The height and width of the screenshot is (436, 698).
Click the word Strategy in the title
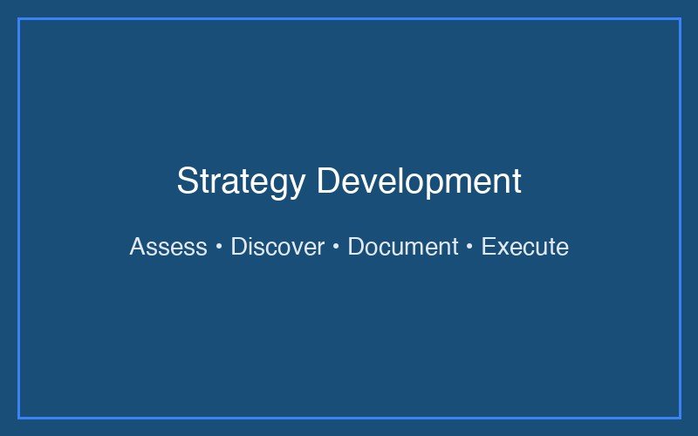pos(241,181)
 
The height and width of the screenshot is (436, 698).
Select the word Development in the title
pos(419,181)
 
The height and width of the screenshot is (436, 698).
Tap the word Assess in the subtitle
pos(168,247)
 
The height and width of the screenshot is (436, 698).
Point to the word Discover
pos(277,247)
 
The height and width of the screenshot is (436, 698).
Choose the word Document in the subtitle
pos(402,247)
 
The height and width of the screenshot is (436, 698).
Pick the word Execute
pos(524,247)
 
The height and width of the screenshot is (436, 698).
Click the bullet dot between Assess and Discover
pos(219,248)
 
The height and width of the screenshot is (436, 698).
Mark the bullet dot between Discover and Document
pos(336,248)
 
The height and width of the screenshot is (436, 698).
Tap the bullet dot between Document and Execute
pos(469,248)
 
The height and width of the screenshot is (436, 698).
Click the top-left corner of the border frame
pos(19,19)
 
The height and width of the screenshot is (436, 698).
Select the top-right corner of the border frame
pos(679,19)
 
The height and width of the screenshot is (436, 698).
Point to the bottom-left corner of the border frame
pos(19,417)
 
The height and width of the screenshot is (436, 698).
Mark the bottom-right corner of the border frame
pos(679,417)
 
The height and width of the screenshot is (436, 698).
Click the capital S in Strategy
pos(187,181)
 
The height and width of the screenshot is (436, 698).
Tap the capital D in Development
pos(328,181)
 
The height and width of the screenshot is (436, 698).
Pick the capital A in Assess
pos(137,247)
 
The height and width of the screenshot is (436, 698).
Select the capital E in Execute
pos(488,247)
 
